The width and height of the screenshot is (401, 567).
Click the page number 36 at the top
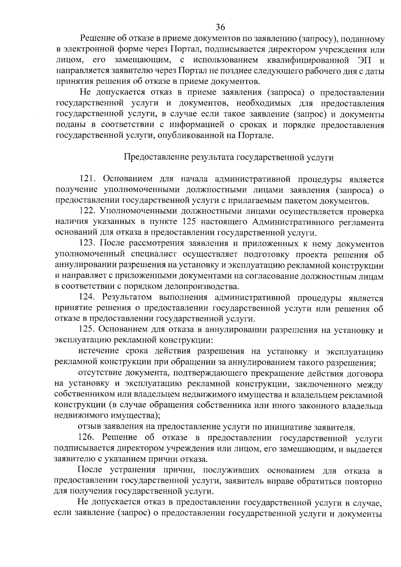pyautogui.click(x=220, y=27)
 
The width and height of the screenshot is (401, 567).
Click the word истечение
pyautogui.click(x=99, y=351)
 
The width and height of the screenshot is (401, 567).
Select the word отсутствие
pyautogui.click(x=100, y=373)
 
